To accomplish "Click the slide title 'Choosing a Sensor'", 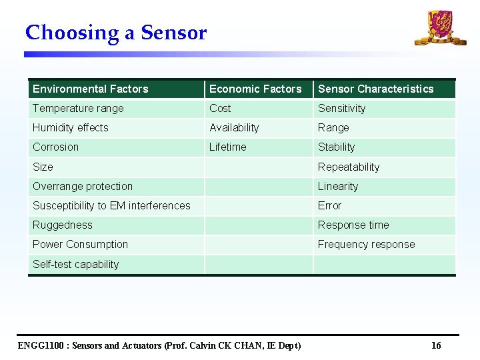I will coord(116,33).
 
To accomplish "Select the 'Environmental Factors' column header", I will coord(91,89).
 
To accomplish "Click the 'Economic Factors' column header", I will coord(255,89).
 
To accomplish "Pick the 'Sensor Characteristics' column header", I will coord(375,89).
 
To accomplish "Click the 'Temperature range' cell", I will coord(78,108).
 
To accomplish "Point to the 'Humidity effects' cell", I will coord(70,127).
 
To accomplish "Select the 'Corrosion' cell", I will coord(55,147).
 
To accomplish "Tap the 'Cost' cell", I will coord(220,108).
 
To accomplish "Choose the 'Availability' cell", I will coord(234,127).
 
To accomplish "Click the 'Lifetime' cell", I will coord(227,147).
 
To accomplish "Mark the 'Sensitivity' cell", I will coord(341,108).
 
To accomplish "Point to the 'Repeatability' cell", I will coord(348,167).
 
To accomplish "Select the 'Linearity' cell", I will coord(337,186).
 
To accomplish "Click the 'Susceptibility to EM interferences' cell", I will coord(111,205).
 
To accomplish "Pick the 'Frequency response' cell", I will coord(366,244).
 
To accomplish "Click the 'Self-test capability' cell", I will coord(75,264).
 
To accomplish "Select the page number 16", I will coord(436,345).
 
